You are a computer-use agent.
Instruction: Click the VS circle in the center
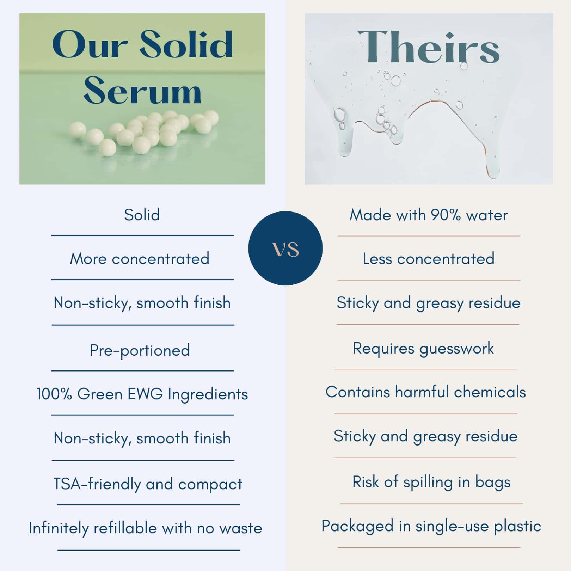click(x=285, y=248)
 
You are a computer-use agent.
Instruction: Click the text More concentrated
click(x=140, y=259)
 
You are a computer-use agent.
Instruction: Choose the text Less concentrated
click(x=429, y=259)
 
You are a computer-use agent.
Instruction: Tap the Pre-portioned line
click(x=140, y=350)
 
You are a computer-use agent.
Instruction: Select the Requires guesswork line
click(x=423, y=349)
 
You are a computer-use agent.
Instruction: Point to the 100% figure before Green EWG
click(x=54, y=394)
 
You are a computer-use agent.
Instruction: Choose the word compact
click(x=210, y=484)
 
